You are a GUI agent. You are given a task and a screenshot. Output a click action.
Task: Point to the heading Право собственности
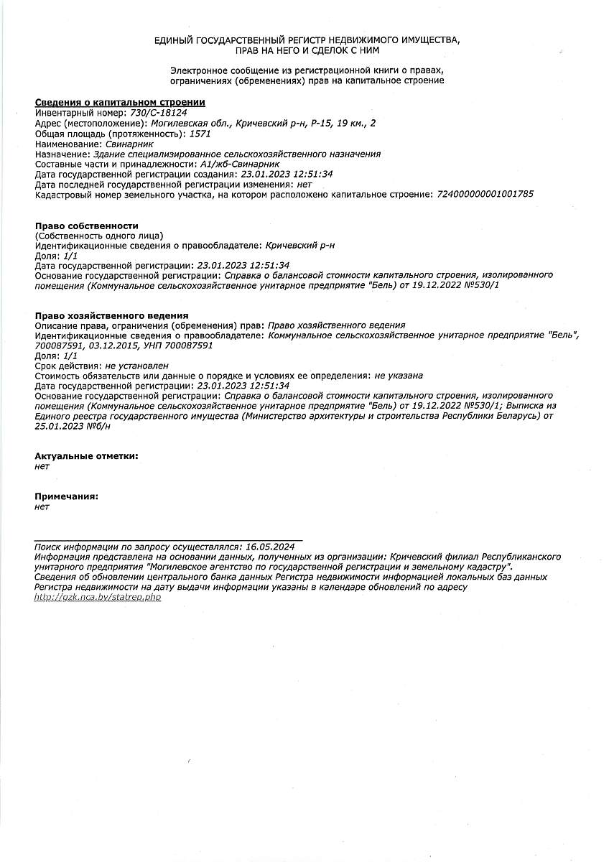(x=86, y=226)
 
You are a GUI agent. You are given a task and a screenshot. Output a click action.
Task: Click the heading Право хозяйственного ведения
(x=111, y=315)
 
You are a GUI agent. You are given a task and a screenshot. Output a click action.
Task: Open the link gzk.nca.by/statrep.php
(x=98, y=597)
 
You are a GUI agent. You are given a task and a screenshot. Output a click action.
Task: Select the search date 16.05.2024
(x=269, y=546)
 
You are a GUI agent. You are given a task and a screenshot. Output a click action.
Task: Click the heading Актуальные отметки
(x=86, y=455)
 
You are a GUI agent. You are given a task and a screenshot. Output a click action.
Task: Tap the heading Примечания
(x=66, y=496)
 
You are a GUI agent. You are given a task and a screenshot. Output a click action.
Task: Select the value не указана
(x=399, y=376)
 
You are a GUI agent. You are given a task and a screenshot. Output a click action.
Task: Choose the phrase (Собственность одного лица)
(x=98, y=236)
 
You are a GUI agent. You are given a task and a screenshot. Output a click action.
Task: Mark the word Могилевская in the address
(x=182, y=124)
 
